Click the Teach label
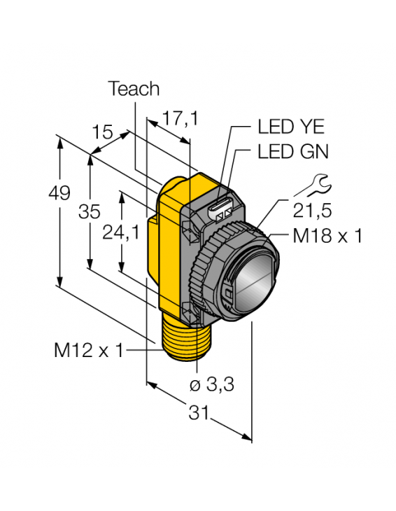pyautogui.click(x=133, y=89)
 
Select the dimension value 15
pyautogui.click(x=101, y=132)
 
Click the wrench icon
pyautogui.click(x=311, y=185)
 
